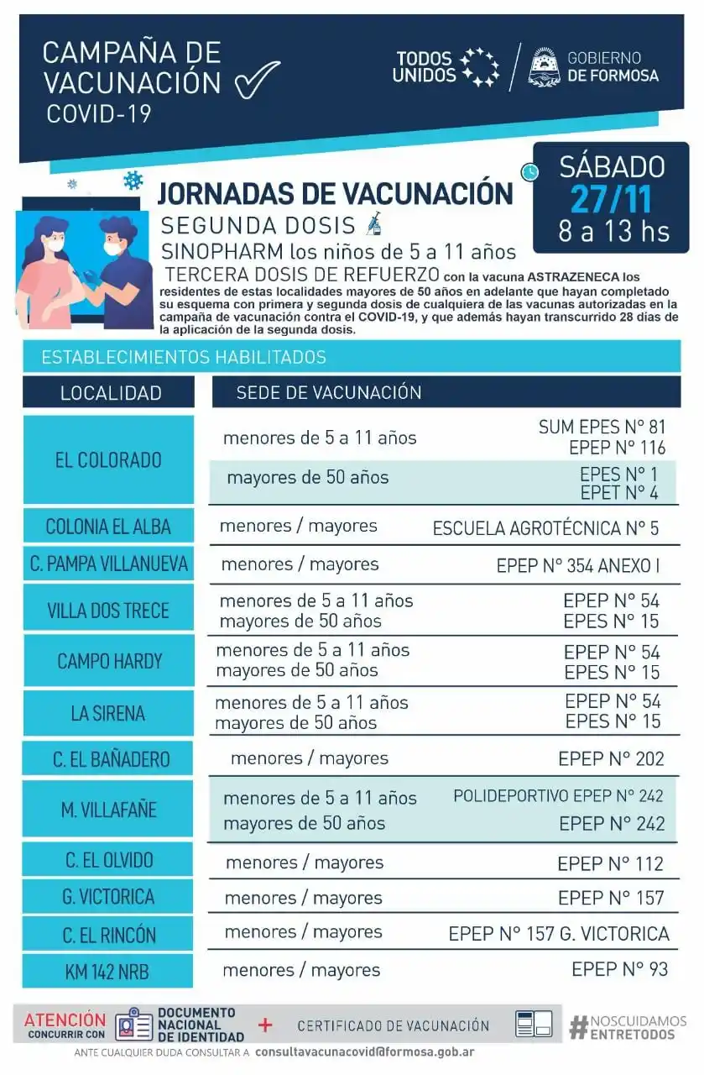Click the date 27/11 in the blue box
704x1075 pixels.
click(610, 199)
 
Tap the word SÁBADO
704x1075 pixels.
click(612, 166)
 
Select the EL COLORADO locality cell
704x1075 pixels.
click(108, 460)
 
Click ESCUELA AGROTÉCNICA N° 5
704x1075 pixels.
click(545, 528)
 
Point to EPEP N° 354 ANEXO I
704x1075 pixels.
click(577, 565)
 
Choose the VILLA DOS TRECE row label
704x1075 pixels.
click(108, 611)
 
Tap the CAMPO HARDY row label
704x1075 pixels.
click(108, 661)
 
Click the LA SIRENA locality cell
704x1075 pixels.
click(108, 714)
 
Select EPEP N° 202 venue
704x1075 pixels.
click(611, 759)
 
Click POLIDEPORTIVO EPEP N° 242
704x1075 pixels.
click(558, 796)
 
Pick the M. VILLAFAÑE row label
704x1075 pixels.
click(108, 810)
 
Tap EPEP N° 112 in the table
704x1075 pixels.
click(610, 863)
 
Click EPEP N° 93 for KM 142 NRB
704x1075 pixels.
click(620, 969)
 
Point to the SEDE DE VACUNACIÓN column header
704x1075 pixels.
click(328, 392)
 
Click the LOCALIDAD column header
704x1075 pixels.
click(110, 393)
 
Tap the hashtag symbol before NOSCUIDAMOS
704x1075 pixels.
click(577, 1027)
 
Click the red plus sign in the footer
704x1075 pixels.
click(266, 1025)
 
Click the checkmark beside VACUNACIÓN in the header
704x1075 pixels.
click(257, 80)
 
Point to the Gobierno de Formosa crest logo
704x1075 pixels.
click(545, 67)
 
